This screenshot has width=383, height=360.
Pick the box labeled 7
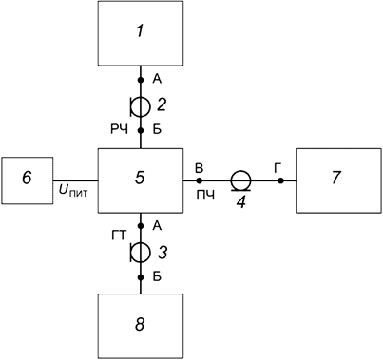pos(337,180)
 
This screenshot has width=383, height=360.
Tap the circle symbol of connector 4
pos(240,179)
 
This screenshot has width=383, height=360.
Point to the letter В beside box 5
pos(198,165)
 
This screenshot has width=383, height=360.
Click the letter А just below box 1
pos(155,80)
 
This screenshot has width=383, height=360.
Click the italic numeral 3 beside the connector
pos(163,252)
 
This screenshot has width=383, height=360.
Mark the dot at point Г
pos(280,180)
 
